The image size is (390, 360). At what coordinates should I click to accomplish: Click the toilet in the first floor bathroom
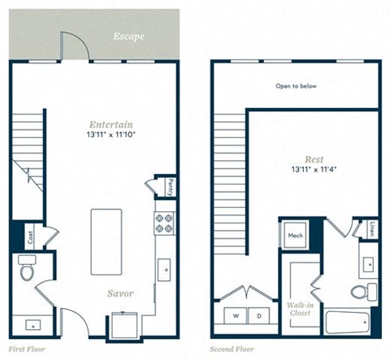(x=27, y=267)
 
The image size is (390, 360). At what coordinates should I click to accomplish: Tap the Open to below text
(x=295, y=84)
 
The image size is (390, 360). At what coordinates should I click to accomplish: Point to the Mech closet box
(x=294, y=235)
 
